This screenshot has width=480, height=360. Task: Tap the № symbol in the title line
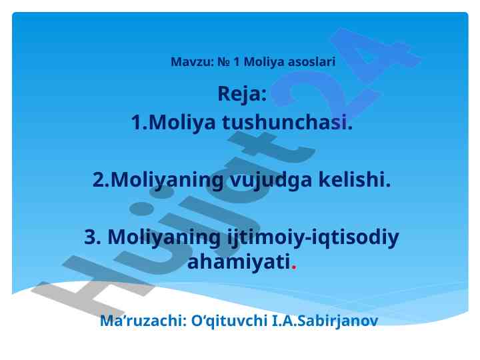point(224,62)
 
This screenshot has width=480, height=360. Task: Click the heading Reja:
point(242,94)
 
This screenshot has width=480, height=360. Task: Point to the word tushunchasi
point(287,122)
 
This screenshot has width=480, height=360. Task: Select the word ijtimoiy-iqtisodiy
point(313,238)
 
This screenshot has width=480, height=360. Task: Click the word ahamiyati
point(239,262)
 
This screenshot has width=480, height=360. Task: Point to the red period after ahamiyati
point(294,267)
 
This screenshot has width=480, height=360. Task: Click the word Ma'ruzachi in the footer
point(143,321)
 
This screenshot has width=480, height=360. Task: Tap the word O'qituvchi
point(229,321)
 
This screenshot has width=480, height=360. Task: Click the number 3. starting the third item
point(93,237)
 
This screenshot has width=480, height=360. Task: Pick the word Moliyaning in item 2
point(167,181)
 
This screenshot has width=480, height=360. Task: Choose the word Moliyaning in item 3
point(164,238)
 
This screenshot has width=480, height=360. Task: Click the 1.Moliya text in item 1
point(173,122)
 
